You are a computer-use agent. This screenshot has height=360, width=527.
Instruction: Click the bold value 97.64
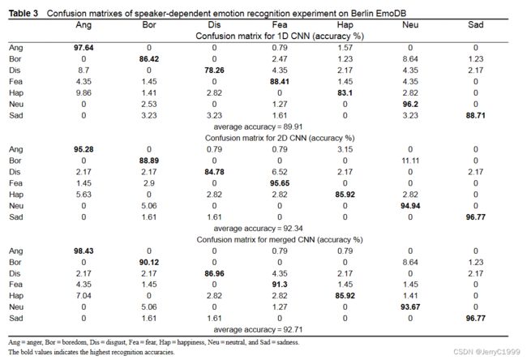coord(84,48)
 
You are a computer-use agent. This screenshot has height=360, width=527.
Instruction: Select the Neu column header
coord(410,25)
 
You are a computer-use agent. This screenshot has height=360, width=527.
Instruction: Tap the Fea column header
coord(280,25)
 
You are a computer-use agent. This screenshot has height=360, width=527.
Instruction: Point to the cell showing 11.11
coord(410,161)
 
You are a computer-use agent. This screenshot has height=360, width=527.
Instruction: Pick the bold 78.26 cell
coord(214,71)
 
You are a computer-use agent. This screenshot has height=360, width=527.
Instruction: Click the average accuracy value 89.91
coord(293,126)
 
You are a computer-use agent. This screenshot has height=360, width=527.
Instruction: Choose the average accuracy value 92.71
coord(293,329)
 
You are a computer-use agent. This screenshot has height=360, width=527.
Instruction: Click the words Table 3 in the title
coord(24,14)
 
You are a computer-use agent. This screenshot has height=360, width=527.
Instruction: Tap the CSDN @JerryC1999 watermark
coord(486,352)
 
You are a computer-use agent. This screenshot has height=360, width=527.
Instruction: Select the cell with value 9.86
coord(84,92)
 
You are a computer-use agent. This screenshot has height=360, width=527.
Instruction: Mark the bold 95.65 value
coord(280,183)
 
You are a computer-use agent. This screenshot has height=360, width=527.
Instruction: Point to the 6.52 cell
coord(280,172)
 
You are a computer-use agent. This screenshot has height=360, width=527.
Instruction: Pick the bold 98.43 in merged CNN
coord(84,251)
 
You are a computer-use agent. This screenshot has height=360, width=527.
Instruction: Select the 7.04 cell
coord(84,296)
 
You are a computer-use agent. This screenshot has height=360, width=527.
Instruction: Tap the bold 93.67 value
coord(410,306)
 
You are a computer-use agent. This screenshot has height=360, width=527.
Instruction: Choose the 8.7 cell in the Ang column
coord(84,71)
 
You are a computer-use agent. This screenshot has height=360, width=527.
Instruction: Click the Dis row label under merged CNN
coord(15,273)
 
